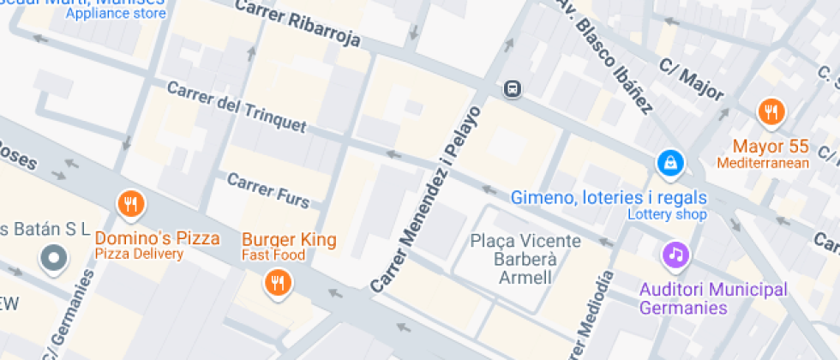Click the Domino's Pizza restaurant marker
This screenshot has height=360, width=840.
130,204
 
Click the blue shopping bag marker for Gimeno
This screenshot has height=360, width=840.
669,161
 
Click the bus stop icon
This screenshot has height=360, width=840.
513,88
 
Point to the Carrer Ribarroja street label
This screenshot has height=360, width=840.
299,24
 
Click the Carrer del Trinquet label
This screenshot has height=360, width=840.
236,107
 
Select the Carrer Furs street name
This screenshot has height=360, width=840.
267,189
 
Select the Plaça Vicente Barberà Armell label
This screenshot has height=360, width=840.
525,260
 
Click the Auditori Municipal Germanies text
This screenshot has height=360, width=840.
713,298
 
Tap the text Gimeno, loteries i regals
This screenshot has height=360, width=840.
609,197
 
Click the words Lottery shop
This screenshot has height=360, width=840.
667,214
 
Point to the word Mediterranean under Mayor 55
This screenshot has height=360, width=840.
763,163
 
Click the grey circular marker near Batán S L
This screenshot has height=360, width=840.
54,256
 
